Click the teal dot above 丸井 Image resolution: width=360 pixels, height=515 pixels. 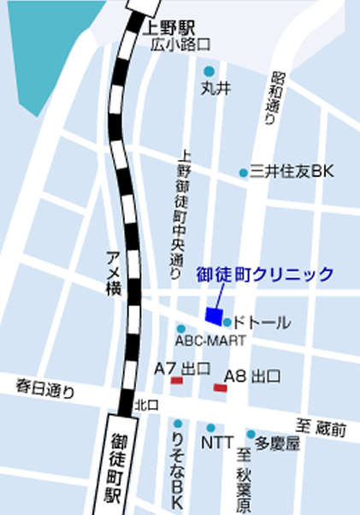(x=210, y=71)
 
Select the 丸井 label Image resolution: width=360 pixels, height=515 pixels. (x=213, y=87)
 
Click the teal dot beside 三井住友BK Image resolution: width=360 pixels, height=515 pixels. (x=244, y=173)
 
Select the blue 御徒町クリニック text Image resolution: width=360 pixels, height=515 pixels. (x=265, y=275)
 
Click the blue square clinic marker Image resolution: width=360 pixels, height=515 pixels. (x=213, y=315)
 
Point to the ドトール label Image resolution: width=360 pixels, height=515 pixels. (x=262, y=323)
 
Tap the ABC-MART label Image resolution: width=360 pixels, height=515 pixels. (x=210, y=340)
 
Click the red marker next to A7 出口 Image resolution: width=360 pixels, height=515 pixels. (x=176, y=381)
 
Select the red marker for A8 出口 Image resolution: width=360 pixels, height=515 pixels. (x=220, y=388)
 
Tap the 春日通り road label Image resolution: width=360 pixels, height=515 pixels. (x=45, y=389)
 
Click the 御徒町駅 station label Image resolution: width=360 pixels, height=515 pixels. (x=119, y=466)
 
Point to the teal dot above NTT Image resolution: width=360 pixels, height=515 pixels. (x=210, y=427)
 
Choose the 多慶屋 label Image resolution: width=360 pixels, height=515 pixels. (x=279, y=444)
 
